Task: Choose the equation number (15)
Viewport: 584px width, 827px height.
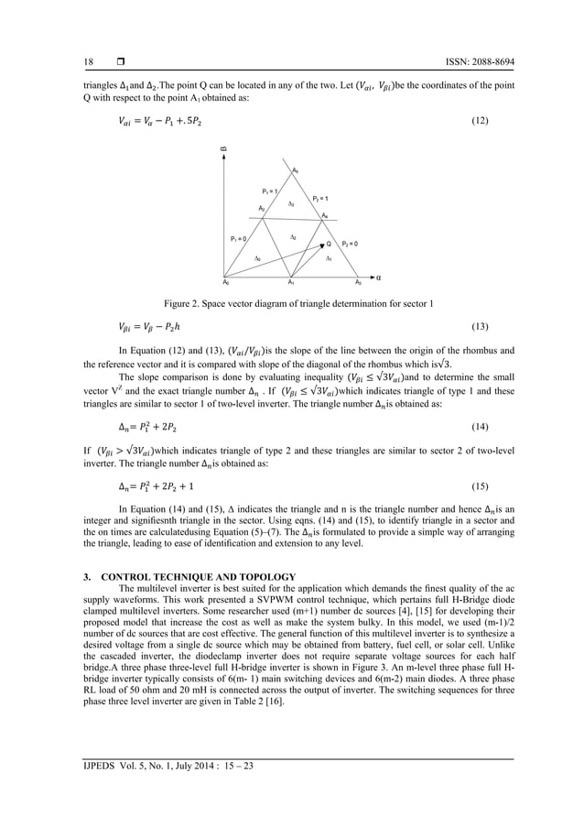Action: click(x=477, y=484)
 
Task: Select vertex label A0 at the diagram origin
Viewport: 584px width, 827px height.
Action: click(x=226, y=283)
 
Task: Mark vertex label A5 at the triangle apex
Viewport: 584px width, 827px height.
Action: click(x=294, y=171)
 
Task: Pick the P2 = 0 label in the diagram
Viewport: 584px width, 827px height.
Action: click(x=350, y=244)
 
